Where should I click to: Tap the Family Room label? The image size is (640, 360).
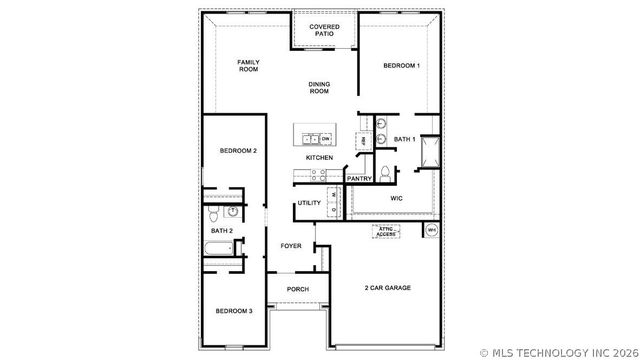[x=248, y=66]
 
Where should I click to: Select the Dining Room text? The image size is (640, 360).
[x=318, y=88]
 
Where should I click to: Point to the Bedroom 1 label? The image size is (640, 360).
[x=401, y=66]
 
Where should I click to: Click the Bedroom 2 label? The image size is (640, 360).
[x=238, y=150]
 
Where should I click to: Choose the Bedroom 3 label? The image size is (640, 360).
[x=234, y=311]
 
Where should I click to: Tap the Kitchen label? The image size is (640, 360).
[x=319, y=158]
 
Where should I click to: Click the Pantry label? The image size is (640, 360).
[x=359, y=179]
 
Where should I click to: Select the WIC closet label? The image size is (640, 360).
[x=388, y=199]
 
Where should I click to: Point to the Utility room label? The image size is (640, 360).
[x=309, y=203]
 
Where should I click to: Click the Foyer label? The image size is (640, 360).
[x=290, y=245]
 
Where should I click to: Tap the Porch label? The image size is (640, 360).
[x=297, y=289]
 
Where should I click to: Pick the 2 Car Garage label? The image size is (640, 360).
[x=386, y=288]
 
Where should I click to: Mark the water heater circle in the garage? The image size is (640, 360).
[x=431, y=230]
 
